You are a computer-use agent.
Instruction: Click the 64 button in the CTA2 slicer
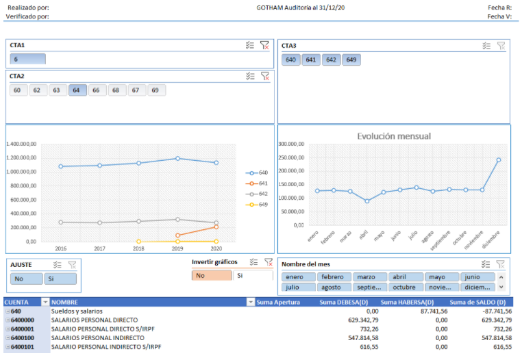[77, 90]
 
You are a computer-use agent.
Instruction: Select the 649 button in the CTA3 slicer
[351, 60]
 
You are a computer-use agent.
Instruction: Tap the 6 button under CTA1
[27, 60]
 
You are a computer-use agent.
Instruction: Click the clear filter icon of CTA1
[264, 45]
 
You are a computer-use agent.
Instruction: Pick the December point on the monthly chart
[499, 160]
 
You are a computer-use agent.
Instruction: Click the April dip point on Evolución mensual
[367, 201]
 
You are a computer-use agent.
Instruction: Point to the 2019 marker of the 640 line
[177, 159]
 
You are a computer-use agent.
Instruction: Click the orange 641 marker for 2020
[216, 227]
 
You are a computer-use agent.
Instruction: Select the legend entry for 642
[257, 194]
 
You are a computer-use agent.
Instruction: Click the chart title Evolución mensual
[394, 136]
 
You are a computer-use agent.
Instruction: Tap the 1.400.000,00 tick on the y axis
[21, 144]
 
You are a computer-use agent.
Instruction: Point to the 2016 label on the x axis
[60, 248]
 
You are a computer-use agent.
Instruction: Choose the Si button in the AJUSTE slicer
[60, 279]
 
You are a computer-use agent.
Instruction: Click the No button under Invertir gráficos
[212, 276]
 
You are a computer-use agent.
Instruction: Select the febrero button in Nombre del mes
[334, 277]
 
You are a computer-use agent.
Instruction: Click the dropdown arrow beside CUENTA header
[45, 302]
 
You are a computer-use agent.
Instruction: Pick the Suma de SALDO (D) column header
[477, 303]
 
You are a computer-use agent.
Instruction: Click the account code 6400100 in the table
[23, 338]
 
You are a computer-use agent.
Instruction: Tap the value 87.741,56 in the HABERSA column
[434, 311]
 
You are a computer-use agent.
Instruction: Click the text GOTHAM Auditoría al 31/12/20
[300, 8]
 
